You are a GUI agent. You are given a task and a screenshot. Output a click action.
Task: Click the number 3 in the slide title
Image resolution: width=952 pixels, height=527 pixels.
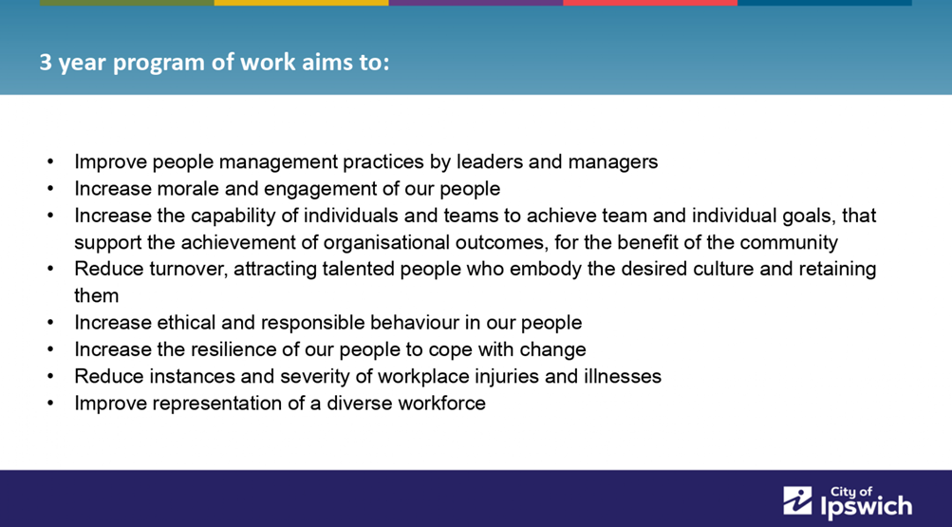pos(46,62)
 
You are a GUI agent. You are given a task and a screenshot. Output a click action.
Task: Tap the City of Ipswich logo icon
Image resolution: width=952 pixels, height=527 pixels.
pos(797,501)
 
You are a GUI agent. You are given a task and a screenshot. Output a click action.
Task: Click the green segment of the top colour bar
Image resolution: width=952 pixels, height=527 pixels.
pos(127,3)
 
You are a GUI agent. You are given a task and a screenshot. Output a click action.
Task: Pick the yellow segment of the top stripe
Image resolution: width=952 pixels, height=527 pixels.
pos(301,3)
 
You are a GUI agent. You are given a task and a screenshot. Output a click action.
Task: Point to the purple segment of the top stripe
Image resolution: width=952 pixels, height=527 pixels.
pos(476,3)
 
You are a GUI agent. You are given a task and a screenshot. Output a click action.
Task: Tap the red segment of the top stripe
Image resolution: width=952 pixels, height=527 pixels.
pos(649,3)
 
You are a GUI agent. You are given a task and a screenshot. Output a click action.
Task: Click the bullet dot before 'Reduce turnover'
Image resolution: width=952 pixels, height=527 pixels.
pos(50,269)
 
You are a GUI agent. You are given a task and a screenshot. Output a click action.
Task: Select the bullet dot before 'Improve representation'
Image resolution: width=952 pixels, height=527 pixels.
pos(50,404)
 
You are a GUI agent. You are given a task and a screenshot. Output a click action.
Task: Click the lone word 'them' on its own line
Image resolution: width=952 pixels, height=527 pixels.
pos(97,295)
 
